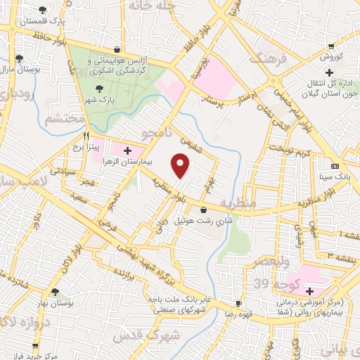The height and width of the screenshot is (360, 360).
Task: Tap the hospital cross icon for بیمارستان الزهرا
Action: click(x=127, y=150)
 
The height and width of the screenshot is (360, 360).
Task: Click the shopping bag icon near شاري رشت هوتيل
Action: click(x=204, y=210)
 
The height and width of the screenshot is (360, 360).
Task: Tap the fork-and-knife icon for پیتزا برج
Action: click(x=86, y=136)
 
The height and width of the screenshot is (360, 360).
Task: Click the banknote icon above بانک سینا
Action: click(x=334, y=167)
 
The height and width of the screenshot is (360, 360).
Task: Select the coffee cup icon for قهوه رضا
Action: click(x=238, y=303)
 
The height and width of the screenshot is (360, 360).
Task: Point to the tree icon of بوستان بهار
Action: click(x=54, y=291)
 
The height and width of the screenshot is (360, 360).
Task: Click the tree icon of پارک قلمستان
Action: click(x=43, y=9)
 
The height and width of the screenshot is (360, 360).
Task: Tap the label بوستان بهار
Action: click(x=53, y=303)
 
